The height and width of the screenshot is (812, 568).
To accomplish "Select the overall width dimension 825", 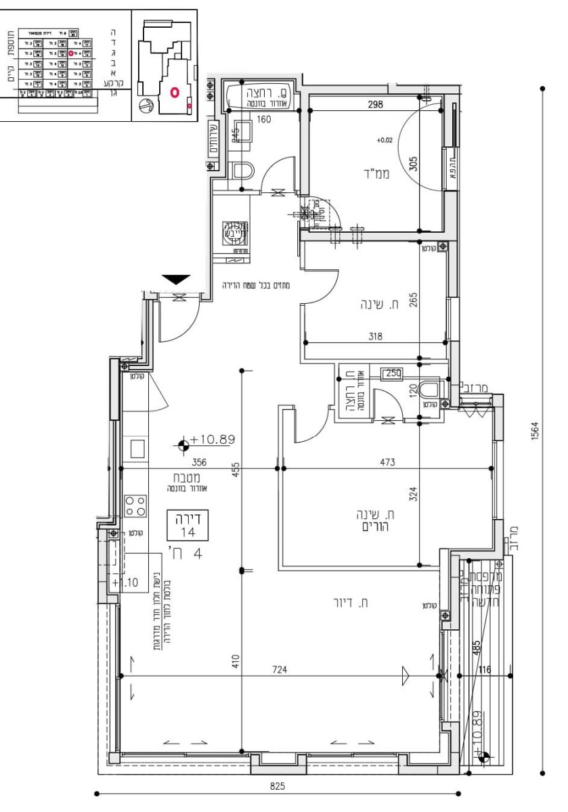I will pos(278,786).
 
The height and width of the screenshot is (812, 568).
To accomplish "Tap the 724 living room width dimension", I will pos(280,670).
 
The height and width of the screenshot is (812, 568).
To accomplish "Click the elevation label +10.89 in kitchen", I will pos(212,440).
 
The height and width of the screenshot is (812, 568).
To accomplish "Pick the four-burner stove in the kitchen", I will pos(135,505).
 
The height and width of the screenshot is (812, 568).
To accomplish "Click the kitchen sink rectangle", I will pos(137,449).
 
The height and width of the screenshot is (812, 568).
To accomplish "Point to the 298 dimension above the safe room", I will pos(376,105).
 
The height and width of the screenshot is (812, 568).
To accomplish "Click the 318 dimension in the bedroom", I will pos(376,335).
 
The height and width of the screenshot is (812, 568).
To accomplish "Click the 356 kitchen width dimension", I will pos(198,462).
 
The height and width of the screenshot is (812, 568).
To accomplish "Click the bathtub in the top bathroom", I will pos(260,95).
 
